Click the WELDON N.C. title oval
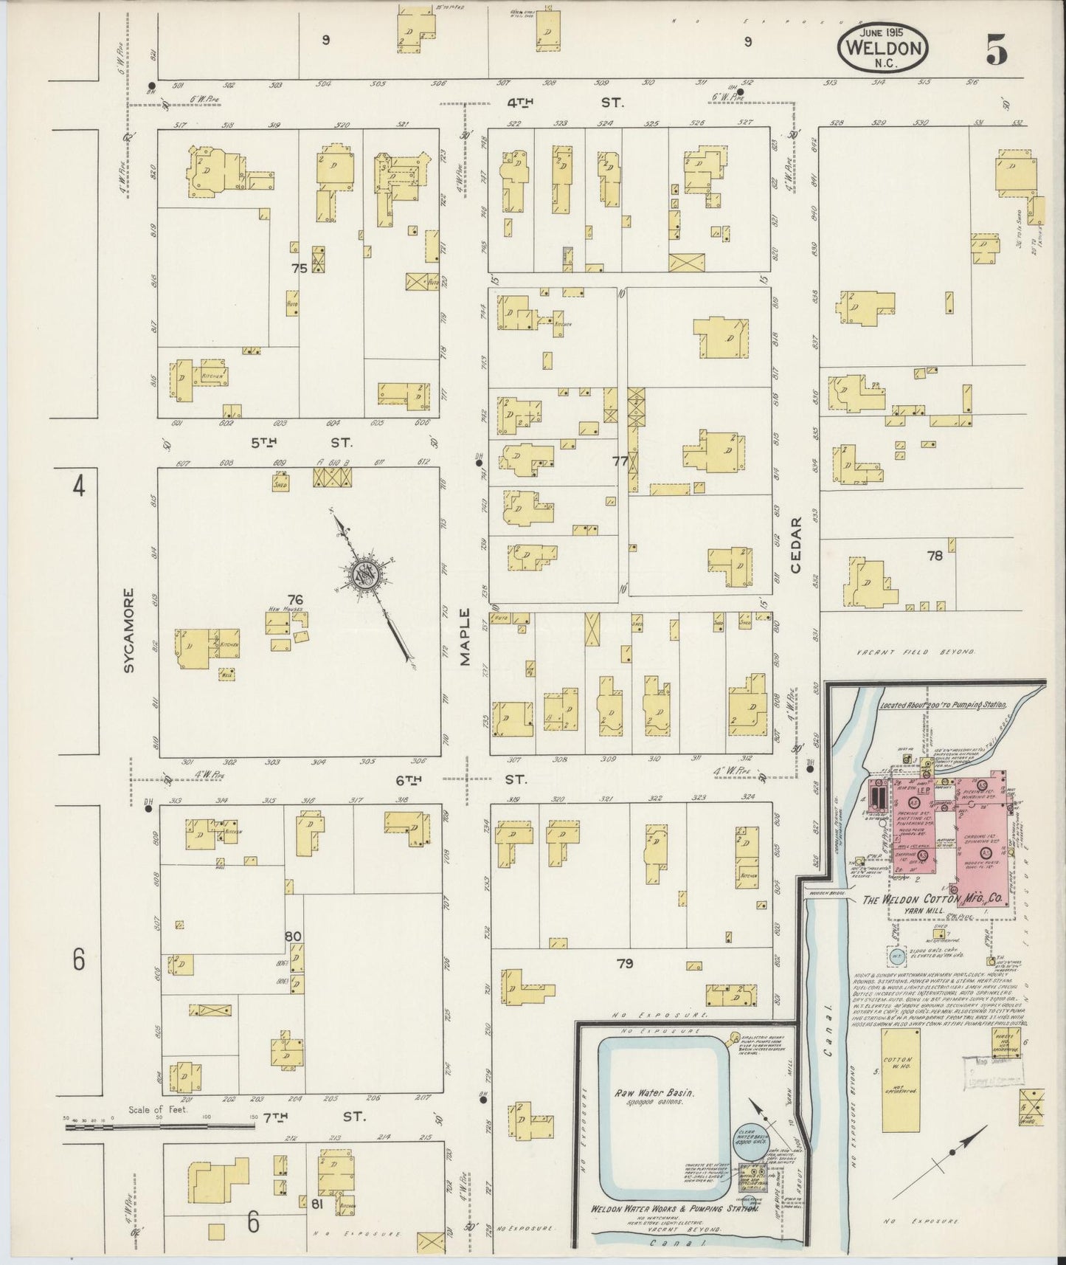tap(883, 49)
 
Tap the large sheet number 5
tap(996, 51)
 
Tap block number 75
tap(299, 269)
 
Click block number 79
tap(625, 963)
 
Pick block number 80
tap(294, 937)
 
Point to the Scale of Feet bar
tap(159, 1127)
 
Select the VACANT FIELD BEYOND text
tap(916, 652)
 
